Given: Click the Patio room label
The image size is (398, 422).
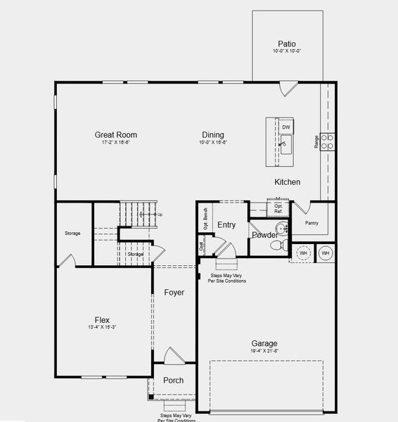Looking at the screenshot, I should click(287, 43).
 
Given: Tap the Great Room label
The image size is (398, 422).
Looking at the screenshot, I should click(116, 134).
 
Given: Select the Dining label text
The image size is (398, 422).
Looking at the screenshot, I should click(213, 134).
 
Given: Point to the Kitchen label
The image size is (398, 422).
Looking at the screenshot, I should click(287, 182).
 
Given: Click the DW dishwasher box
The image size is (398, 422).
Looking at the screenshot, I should click(286, 127).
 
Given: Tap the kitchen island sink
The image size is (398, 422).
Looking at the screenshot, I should click(286, 146).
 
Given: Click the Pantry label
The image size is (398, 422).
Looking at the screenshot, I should click(312, 224).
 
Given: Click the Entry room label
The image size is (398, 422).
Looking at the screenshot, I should click(226, 225).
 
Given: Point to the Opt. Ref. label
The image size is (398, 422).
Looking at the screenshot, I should click(278, 209).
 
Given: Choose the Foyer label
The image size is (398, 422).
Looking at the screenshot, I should click(174, 292).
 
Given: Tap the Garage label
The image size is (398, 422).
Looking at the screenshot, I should click(264, 343).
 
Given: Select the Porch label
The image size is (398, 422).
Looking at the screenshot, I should click(173, 381).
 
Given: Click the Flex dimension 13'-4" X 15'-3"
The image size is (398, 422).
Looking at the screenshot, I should click(102, 328).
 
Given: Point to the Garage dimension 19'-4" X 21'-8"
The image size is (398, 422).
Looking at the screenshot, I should click(264, 352).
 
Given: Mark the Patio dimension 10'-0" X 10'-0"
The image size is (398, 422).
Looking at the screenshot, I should click(287, 51).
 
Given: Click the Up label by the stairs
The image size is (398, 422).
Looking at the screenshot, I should click(160, 215).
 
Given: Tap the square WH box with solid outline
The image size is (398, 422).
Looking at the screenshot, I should click(326, 252).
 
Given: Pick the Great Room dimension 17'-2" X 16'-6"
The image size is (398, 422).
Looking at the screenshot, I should click(115, 143).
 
